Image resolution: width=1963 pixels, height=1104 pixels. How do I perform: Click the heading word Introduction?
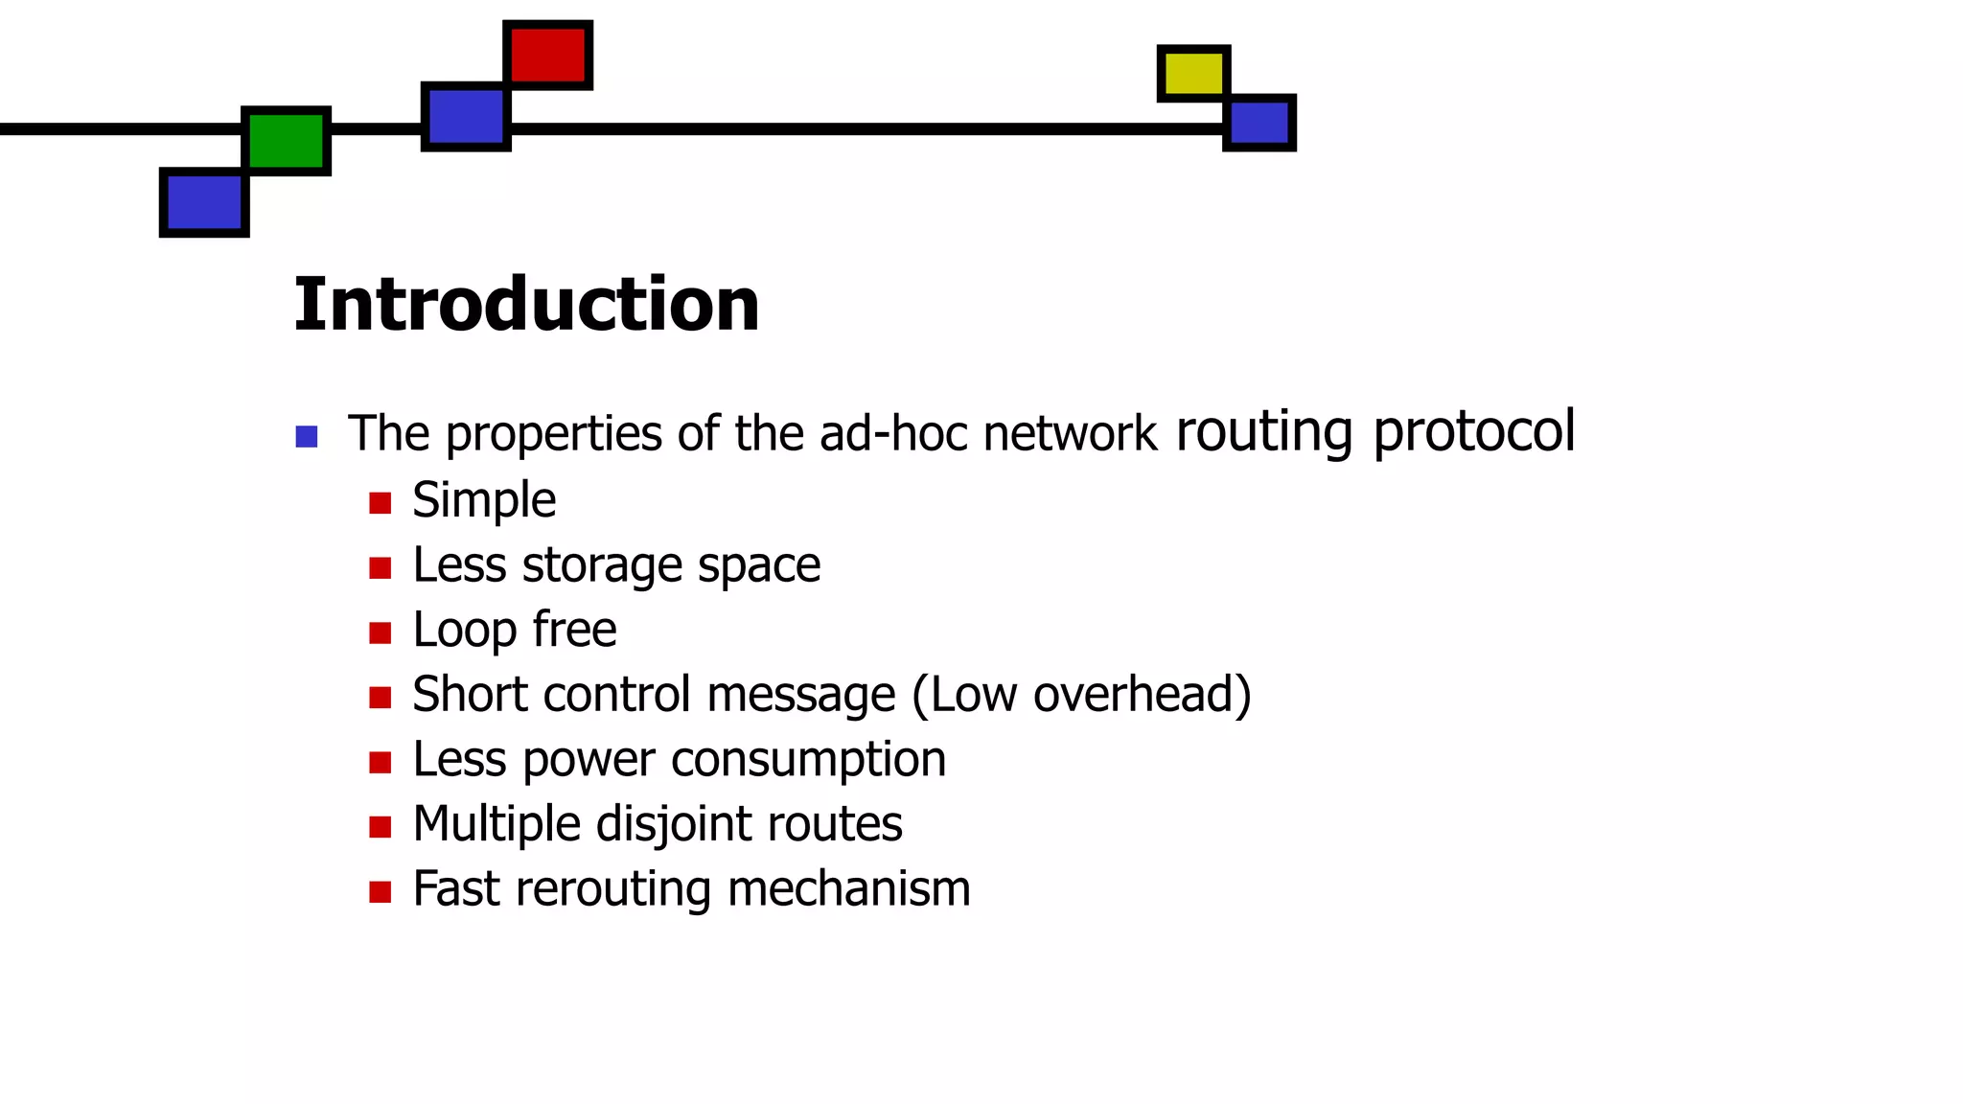(x=526, y=305)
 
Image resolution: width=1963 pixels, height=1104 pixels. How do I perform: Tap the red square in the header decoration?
(x=547, y=55)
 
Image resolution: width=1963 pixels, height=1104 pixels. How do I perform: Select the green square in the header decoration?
(x=287, y=141)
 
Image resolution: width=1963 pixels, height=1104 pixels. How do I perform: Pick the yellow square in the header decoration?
(x=1193, y=73)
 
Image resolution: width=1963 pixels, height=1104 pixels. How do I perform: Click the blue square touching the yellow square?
(x=1259, y=123)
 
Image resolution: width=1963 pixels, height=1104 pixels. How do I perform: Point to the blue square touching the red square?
(x=466, y=116)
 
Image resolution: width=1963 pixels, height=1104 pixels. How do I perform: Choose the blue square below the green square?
(x=204, y=202)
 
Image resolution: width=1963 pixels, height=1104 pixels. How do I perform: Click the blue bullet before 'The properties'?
(x=307, y=437)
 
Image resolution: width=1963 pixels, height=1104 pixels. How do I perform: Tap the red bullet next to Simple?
(x=381, y=503)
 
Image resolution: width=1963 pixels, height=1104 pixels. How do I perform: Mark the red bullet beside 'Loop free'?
(x=381, y=632)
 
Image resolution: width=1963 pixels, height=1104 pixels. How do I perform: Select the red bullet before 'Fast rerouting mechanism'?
(x=381, y=891)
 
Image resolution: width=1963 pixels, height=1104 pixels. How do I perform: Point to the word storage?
(x=601, y=565)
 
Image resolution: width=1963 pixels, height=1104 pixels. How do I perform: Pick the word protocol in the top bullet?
(x=1473, y=432)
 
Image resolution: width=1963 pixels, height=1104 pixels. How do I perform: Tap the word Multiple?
(x=496, y=824)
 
